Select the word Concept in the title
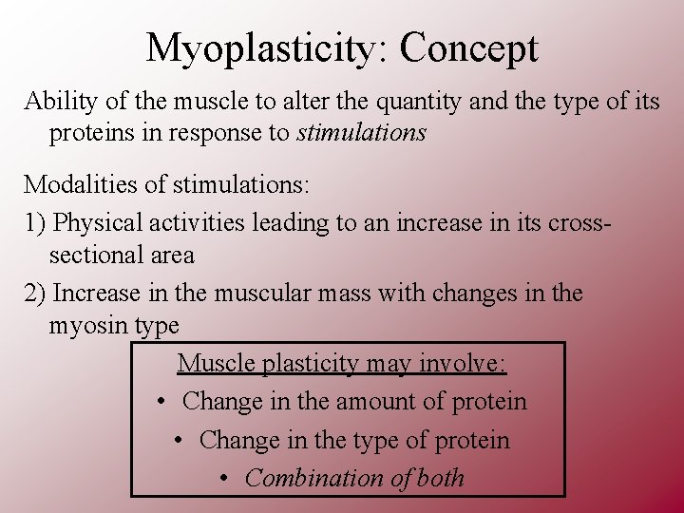468,48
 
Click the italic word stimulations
361,133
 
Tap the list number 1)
35,223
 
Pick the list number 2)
35,294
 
